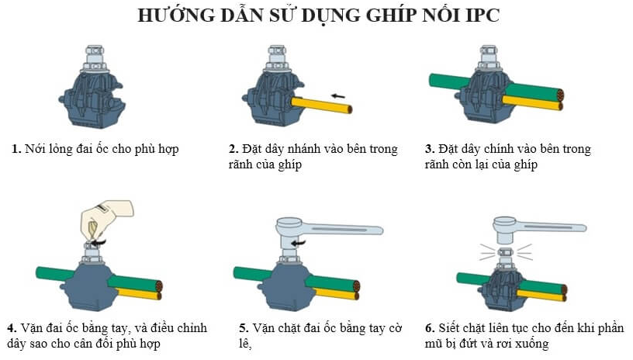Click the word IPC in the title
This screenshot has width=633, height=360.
483,16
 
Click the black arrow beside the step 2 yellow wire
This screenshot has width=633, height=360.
337,96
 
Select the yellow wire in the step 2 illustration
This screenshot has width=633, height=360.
322,105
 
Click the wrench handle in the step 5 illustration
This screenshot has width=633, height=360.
343,229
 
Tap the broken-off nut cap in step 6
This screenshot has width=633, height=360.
506,252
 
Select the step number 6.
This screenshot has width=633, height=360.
430,327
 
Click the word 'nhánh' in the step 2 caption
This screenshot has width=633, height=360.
305,149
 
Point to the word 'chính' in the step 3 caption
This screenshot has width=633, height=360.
500,149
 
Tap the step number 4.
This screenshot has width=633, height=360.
12,327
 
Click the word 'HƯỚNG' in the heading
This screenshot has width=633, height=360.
176,15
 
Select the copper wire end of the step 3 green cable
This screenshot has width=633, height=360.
560,95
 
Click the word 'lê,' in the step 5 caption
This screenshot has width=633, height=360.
245,344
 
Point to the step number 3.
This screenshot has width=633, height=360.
430,149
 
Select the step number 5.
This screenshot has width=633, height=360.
244,327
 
